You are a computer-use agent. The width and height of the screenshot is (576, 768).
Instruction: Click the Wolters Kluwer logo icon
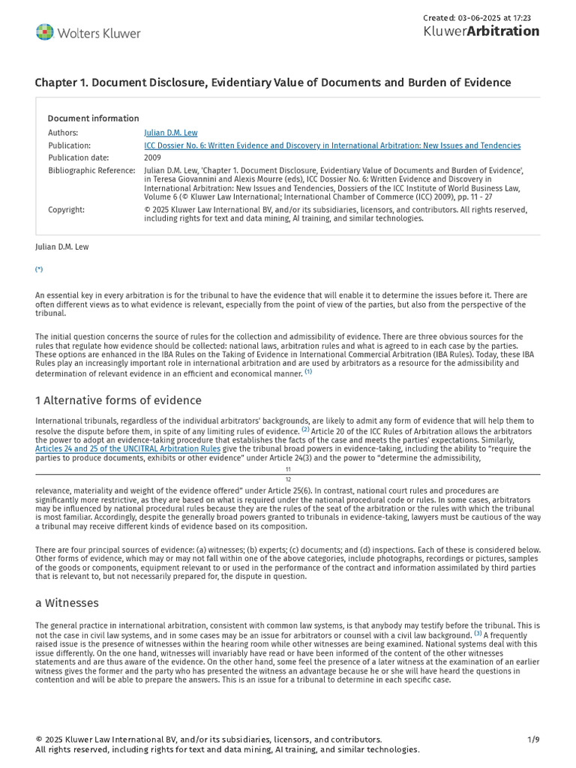(x=45, y=32)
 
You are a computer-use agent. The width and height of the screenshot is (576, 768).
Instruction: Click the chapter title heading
(x=273, y=82)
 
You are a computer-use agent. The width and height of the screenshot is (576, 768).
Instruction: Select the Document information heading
(x=93, y=118)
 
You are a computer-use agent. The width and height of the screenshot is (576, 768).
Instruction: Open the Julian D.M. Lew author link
(x=167, y=133)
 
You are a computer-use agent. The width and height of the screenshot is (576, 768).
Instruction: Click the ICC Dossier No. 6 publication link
(x=332, y=145)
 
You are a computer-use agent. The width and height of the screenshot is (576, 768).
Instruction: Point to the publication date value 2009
(x=152, y=157)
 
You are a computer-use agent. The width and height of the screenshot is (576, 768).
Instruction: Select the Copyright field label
(x=66, y=210)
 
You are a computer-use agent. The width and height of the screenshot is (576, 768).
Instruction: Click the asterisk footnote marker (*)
(x=39, y=269)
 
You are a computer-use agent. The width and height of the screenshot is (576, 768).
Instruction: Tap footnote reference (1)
(x=308, y=371)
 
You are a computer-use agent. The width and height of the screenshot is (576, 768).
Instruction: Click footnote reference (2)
(x=305, y=430)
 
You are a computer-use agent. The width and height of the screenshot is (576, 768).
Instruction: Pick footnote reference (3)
(x=478, y=633)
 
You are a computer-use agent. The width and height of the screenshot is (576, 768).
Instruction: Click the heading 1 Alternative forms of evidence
(x=118, y=400)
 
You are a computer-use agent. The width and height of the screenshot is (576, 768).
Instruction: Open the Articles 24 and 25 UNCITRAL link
(x=127, y=448)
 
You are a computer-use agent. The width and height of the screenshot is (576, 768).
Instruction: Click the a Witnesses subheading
(x=67, y=603)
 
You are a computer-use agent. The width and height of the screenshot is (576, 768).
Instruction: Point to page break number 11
(x=288, y=469)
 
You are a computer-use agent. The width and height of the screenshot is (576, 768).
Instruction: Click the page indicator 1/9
(x=533, y=739)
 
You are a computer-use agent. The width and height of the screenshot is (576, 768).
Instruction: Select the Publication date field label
(x=79, y=157)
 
